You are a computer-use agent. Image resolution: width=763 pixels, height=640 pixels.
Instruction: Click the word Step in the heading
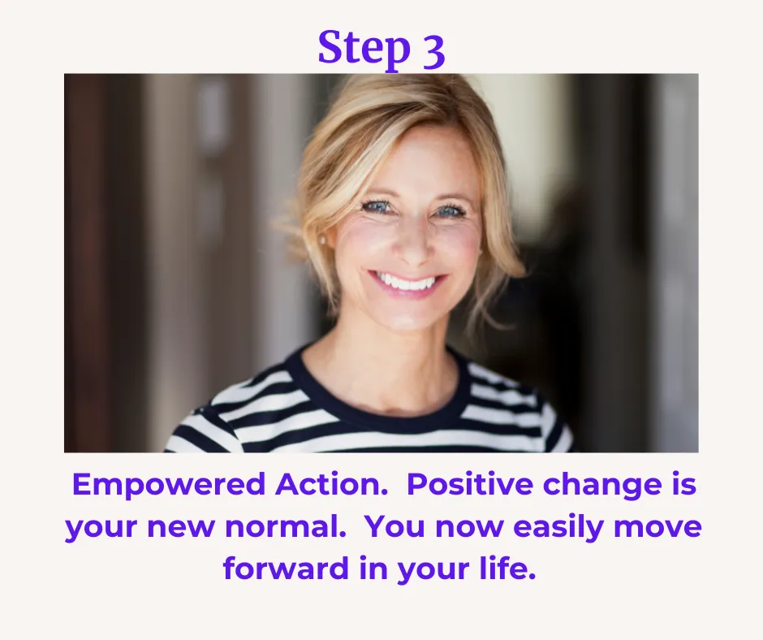pyautogui.click(x=364, y=50)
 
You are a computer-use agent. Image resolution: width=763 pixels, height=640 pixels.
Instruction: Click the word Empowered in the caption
pyautogui.click(x=169, y=486)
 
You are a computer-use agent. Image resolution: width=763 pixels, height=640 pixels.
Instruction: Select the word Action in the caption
pyautogui.click(x=331, y=485)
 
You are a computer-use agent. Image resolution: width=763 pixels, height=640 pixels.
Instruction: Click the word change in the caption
pyautogui.click(x=602, y=486)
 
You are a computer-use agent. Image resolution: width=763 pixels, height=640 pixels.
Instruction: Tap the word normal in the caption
pyautogui.click(x=285, y=526)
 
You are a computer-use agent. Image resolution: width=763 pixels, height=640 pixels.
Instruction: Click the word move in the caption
pyautogui.click(x=657, y=527)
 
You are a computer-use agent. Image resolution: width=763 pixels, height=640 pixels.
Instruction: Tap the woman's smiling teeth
pyautogui.click(x=407, y=282)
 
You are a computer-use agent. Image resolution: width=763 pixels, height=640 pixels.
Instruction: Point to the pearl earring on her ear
pyautogui.click(x=322, y=240)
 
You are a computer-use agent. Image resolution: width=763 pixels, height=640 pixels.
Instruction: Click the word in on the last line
pyautogui.click(x=373, y=569)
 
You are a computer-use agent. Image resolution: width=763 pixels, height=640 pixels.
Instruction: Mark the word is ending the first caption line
pyautogui.click(x=684, y=485)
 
